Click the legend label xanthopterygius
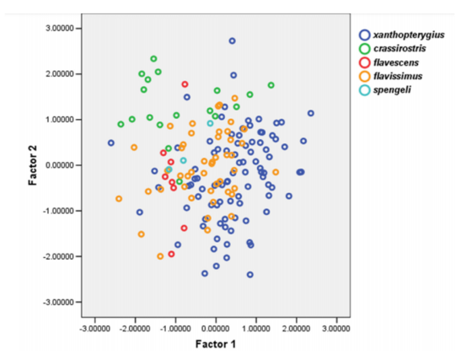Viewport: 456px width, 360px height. (x=409, y=35)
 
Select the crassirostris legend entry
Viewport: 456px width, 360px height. (x=400, y=48)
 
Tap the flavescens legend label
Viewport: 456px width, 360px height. (x=396, y=62)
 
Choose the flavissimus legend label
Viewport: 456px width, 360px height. (x=398, y=76)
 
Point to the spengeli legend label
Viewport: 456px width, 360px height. (x=392, y=90)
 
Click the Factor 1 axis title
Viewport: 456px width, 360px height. (x=216, y=344)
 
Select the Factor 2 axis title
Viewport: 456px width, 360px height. (x=33, y=165)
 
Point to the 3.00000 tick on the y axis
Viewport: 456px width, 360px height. (x=60, y=28)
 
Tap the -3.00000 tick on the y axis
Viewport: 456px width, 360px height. (x=58, y=302)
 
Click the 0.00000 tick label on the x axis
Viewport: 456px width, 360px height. (x=216, y=329)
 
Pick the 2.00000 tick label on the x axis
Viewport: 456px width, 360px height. (x=297, y=329)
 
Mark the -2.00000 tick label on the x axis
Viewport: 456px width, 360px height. (x=135, y=329)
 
